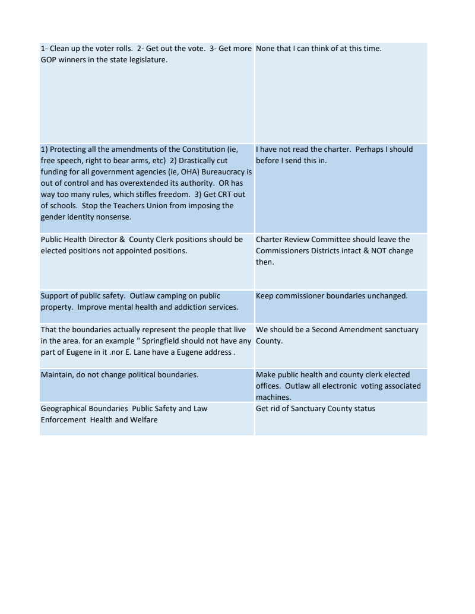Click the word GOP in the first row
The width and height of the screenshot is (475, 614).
pyautogui.click(x=49, y=59)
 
